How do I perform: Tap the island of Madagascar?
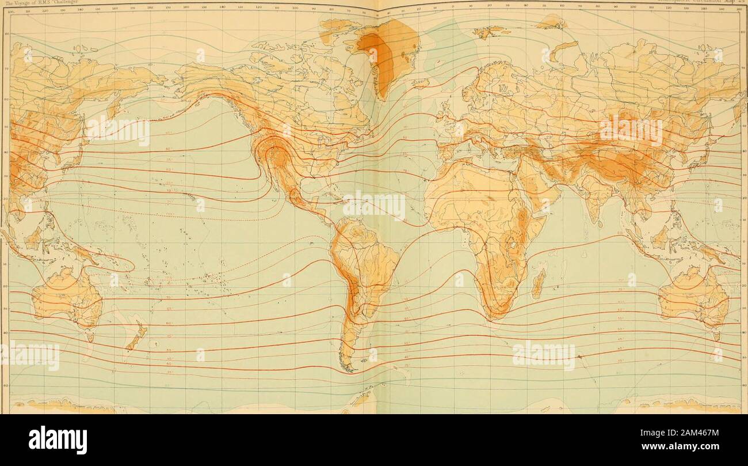(x=538, y=283)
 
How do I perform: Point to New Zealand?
(x=137, y=337)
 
